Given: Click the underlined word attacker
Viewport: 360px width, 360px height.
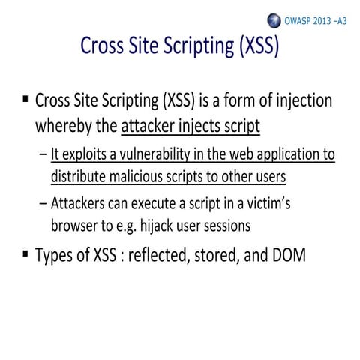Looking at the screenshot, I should coord(147,125).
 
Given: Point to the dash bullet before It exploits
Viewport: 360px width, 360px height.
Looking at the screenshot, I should coord(42,155).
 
